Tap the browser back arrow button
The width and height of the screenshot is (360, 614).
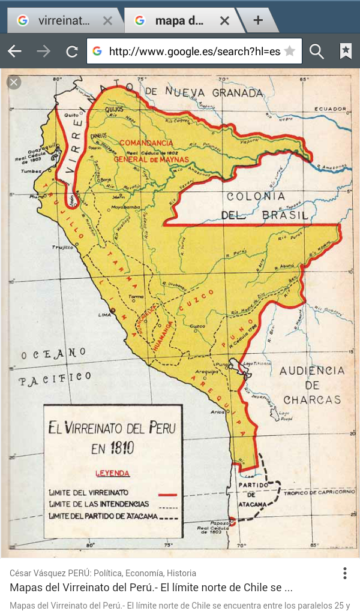[x=14, y=52]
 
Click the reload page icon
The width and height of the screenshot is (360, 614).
[x=72, y=52]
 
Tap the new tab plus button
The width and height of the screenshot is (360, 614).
[x=258, y=20]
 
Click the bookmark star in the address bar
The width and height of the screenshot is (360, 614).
[x=289, y=52]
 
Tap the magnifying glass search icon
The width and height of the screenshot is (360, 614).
[x=317, y=52]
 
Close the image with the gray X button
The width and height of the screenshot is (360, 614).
[x=14, y=82]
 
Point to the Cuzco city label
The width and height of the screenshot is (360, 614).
[x=197, y=327]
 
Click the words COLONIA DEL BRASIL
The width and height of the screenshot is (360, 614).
[x=265, y=206]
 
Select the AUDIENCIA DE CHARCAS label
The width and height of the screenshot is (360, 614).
[x=312, y=385]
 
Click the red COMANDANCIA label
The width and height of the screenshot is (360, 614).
[x=146, y=143]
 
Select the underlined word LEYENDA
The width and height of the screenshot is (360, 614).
[x=112, y=473]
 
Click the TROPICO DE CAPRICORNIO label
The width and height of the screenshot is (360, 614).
[x=319, y=492]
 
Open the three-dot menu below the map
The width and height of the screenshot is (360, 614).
[x=345, y=573]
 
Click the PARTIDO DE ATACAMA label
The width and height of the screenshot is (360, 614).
[x=251, y=495]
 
